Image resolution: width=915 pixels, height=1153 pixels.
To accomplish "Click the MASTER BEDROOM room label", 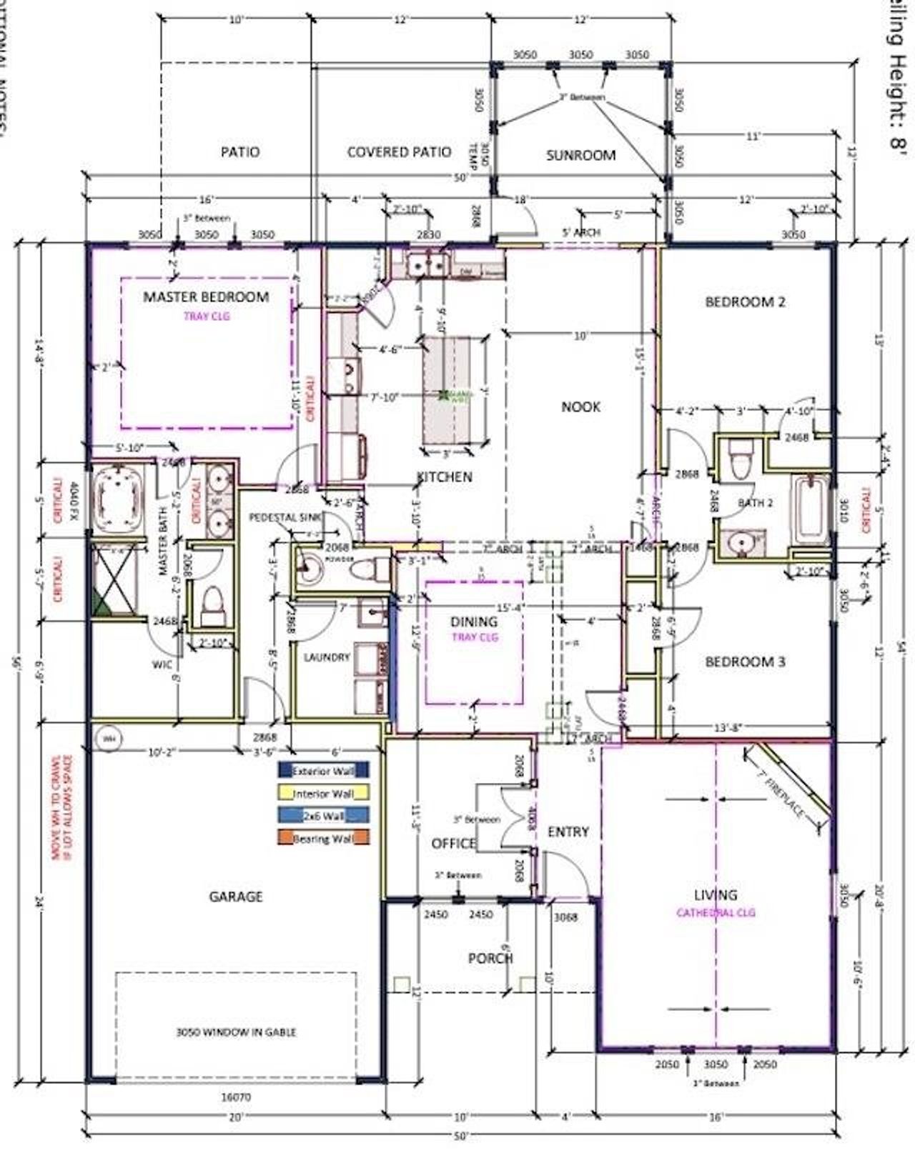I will coord(206,296).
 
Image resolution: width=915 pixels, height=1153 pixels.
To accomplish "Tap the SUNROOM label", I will coord(580,155).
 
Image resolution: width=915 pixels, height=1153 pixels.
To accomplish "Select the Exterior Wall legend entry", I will coord(323,771).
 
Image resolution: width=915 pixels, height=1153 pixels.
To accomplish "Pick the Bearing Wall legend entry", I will coord(323,839).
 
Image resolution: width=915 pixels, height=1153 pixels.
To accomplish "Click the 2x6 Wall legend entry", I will coord(323,816).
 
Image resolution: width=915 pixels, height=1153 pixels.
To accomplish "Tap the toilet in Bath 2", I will coord(739,460).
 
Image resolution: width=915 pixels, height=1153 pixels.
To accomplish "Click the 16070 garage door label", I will coord(236,1097).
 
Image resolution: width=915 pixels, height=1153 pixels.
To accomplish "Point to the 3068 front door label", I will coord(565,917).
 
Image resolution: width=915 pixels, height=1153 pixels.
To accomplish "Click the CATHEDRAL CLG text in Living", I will coord(716,912).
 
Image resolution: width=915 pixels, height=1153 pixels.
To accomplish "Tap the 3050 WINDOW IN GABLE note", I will coord(236,1032).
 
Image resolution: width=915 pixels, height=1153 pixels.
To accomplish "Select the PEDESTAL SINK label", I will coord(285,517).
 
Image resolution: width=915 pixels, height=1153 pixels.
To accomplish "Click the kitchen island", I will coord(456,391).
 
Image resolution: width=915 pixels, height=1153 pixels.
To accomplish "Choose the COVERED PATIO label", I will coord(399,152).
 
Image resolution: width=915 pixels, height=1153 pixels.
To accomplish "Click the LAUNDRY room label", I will coord(326,657).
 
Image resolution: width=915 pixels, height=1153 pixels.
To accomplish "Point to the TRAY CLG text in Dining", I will coord(474,637).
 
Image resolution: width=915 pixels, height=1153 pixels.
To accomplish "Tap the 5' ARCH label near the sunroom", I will coord(581,232).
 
